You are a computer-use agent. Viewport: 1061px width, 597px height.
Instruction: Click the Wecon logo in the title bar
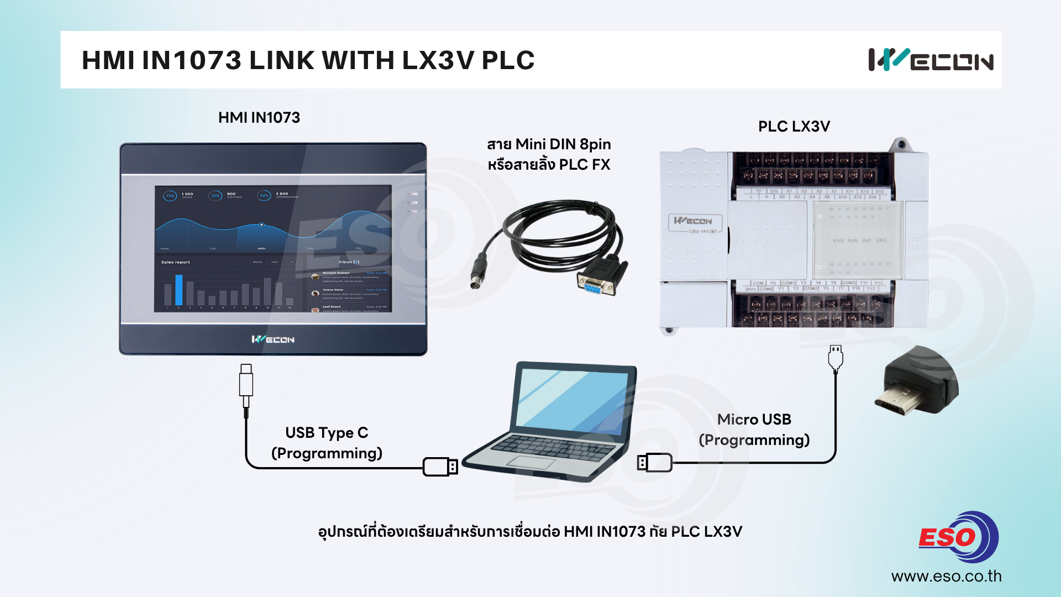click(x=931, y=60)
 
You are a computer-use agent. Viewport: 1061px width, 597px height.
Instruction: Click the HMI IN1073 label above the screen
click(x=259, y=118)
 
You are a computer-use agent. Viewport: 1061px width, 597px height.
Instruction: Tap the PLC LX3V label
click(x=794, y=127)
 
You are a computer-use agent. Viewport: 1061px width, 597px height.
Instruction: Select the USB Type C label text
click(x=327, y=433)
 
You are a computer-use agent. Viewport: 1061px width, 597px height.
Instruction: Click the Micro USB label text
click(x=754, y=420)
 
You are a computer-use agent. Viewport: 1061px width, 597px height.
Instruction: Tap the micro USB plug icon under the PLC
click(x=835, y=358)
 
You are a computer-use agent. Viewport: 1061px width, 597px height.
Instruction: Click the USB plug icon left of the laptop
click(x=440, y=467)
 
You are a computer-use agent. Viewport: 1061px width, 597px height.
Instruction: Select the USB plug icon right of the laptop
click(x=655, y=462)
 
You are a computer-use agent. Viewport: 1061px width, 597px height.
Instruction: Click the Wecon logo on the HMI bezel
click(x=273, y=339)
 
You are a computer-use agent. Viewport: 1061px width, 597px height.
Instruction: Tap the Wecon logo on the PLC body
click(x=693, y=221)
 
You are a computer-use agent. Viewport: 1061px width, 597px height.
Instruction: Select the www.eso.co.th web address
click(x=946, y=577)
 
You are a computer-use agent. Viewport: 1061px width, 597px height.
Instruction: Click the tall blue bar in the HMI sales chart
click(x=178, y=290)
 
